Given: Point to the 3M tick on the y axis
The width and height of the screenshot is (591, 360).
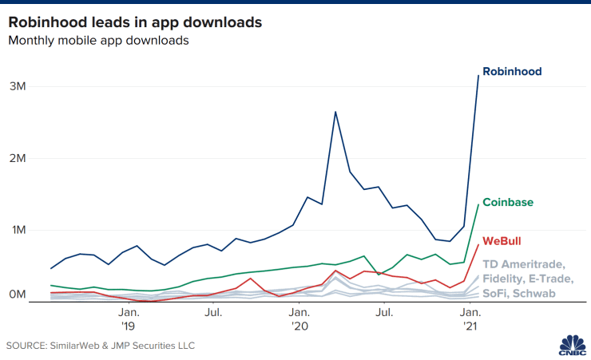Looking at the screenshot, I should tap(22, 86).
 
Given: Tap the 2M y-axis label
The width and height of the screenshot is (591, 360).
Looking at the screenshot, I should tap(22, 158).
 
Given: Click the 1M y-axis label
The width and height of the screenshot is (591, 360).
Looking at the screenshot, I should tap(22, 230).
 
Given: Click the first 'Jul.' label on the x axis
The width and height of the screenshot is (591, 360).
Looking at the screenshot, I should tap(214, 312).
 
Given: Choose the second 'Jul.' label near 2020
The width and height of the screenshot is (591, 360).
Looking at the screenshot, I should tap(385, 312).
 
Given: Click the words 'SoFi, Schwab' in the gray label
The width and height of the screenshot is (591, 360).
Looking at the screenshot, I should tap(520, 295).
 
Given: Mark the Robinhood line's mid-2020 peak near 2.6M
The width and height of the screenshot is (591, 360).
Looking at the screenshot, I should tap(335, 112).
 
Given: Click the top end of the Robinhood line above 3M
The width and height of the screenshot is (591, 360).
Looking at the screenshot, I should tap(478, 75).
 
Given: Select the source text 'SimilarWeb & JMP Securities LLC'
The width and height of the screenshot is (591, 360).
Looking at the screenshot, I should tap(124, 346).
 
